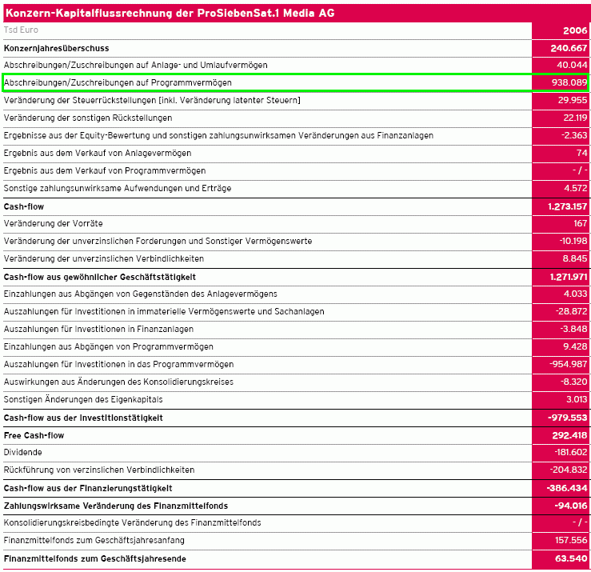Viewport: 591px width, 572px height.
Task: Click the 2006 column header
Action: (574, 30)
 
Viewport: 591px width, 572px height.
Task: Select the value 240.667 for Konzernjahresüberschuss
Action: (569, 48)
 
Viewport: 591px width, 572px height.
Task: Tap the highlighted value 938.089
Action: (569, 82)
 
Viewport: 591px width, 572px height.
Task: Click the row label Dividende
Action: (22, 453)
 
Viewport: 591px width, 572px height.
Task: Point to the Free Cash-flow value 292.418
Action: (568, 435)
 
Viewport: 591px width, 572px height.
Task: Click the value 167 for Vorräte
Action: (581, 223)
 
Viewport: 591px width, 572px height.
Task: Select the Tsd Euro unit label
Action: (21, 30)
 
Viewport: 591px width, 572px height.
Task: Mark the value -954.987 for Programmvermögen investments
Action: (568, 364)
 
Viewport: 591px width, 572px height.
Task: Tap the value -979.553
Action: (568, 418)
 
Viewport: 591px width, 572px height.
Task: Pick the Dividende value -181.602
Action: (569, 453)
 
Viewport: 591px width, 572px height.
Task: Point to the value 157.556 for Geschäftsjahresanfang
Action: (570, 541)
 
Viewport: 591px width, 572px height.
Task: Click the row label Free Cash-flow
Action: (34, 435)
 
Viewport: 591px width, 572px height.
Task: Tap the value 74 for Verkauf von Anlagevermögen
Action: (581, 153)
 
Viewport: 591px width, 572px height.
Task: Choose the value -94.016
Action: (570, 506)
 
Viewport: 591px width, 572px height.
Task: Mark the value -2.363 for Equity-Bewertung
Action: (573, 135)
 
